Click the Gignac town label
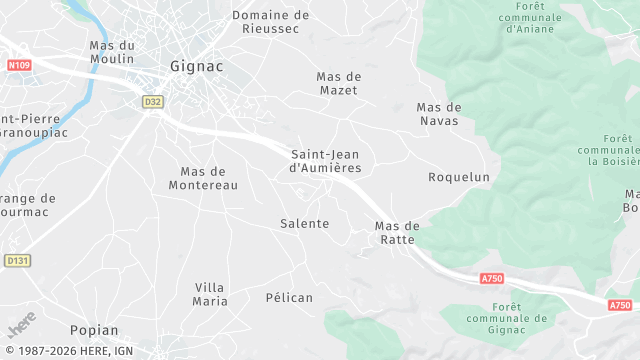(196, 66)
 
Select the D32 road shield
(152, 101)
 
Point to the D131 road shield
(16, 260)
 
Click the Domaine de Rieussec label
(270, 22)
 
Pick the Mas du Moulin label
(112, 53)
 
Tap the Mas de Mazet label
(338, 84)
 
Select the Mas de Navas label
(438, 114)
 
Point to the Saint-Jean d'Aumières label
(325, 161)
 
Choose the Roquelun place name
(459, 177)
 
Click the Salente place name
(304, 223)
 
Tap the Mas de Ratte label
(397, 233)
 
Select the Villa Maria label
(210, 294)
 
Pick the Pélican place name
(289, 297)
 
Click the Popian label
(94, 330)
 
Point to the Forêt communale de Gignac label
(508, 318)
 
